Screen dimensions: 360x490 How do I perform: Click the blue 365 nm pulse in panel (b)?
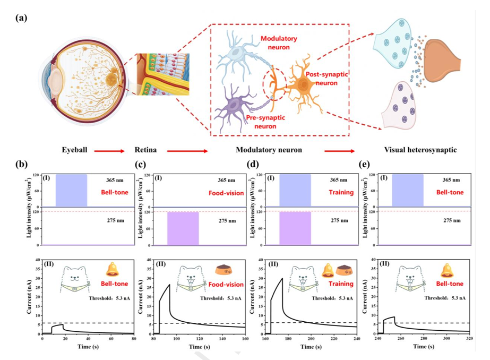[x=71, y=190]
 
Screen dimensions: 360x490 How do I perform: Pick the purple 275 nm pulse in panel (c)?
[x=183, y=228]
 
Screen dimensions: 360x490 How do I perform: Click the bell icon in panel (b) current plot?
[x=112, y=270]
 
